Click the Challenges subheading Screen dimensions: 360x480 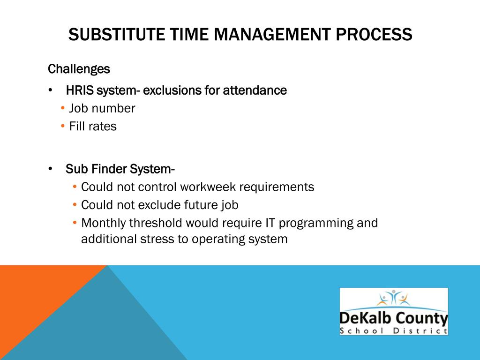(x=79, y=69)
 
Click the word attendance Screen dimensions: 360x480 (x=255, y=90)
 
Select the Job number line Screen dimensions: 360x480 (x=102, y=109)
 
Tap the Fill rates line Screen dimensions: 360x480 (x=93, y=127)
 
